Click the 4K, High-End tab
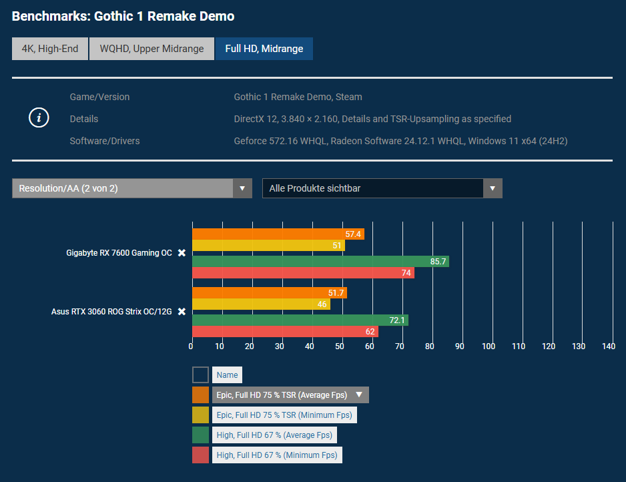tap(50, 49)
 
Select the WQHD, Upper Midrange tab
tap(151, 49)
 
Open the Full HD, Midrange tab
tap(264, 49)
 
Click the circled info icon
tap(39, 118)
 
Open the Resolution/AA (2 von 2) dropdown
tap(131, 188)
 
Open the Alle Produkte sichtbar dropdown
tap(382, 188)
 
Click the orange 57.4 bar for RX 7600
tap(278, 234)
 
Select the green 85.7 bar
tap(320, 261)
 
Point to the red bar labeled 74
tap(303, 272)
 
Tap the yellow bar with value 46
tap(261, 304)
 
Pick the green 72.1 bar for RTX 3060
tap(300, 320)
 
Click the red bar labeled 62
tap(285, 332)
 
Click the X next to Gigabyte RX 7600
tap(182, 253)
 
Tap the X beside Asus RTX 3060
tap(182, 312)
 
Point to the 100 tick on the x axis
tap(489, 346)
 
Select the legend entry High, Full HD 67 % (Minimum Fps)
tap(277, 455)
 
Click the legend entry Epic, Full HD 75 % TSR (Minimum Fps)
tap(284, 415)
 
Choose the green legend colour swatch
tap(201, 435)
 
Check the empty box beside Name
tap(201, 375)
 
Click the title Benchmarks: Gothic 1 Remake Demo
tap(123, 15)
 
